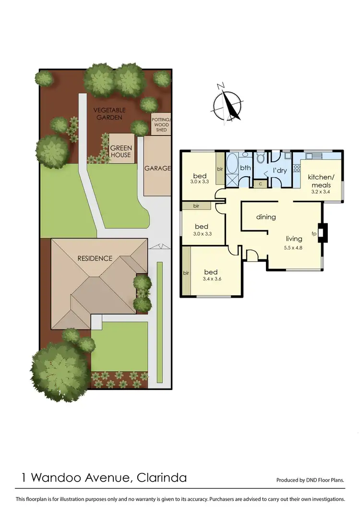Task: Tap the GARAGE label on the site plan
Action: coord(157,169)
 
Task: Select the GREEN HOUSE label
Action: coord(121,152)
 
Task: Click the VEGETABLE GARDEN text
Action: coord(108,113)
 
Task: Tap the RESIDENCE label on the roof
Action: coord(95,258)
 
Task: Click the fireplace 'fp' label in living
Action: coord(314,234)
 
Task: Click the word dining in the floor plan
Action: coord(266,217)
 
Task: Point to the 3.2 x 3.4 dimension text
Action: coord(321,192)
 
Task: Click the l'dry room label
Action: coord(280,170)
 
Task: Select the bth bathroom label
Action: coord(246,168)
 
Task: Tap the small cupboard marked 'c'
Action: coord(260,183)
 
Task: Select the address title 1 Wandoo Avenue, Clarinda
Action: coord(104,478)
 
